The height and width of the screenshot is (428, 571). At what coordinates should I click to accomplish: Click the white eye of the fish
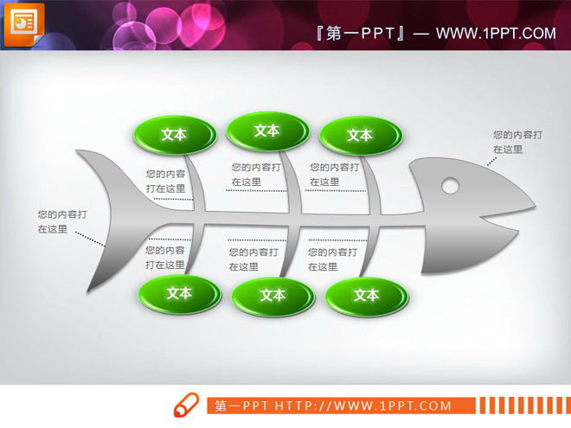tap(450, 184)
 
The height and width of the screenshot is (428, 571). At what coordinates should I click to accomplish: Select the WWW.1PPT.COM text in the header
tap(495, 33)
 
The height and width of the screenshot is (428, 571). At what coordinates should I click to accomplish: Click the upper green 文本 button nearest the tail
tap(175, 134)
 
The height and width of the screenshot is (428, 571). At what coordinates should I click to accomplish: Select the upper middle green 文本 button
tap(267, 131)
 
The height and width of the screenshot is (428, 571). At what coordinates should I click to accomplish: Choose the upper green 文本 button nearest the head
tap(360, 135)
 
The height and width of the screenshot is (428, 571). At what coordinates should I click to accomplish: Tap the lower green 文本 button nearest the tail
tap(179, 294)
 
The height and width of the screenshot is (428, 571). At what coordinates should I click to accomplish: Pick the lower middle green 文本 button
tap(273, 296)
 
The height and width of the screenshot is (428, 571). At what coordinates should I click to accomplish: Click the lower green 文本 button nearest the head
tap(366, 296)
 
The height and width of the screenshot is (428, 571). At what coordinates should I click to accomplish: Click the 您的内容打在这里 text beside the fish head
tap(517, 142)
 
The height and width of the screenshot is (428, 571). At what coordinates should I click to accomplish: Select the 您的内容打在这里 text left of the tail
tap(61, 221)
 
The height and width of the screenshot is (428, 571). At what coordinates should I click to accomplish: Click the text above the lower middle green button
tap(253, 259)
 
